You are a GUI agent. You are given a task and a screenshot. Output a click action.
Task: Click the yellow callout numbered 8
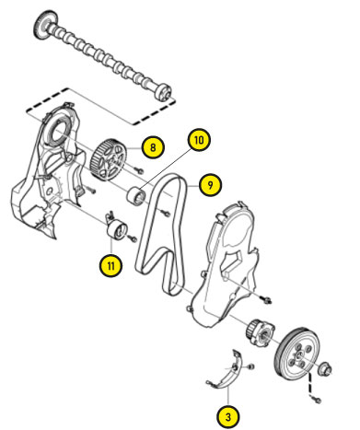click(x=153, y=147)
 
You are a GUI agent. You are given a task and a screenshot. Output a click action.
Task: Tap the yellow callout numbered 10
click(x=199, y=140)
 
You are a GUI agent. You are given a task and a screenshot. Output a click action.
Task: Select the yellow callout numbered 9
click(x=210, y=185)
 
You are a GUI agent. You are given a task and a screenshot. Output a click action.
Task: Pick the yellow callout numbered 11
click(x=110, y=265)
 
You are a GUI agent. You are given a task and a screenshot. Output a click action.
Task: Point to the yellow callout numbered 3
click(x=228, y=417)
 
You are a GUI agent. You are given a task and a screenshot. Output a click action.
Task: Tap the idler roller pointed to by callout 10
click(x=137, y=196)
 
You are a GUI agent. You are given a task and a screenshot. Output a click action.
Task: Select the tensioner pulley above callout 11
click(x=116, y=228)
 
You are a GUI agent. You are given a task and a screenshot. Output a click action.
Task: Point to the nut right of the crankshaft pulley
click(x=325, y=368)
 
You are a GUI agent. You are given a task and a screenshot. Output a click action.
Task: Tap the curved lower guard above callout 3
click(x=227, y=371)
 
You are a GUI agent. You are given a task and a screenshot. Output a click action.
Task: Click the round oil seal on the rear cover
click(x=57, y=131)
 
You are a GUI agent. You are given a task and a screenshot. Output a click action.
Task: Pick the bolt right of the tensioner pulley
click(x=133, y=238)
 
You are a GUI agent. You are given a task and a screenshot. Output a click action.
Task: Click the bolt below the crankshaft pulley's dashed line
click(x=317, y=400)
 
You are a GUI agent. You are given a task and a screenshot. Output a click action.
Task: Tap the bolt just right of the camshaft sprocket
click(x=137, y=169)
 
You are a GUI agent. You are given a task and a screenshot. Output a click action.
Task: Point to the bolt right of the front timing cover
click(x=267, y=299)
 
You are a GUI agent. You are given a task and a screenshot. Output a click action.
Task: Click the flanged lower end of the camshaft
click(x=162, y=92)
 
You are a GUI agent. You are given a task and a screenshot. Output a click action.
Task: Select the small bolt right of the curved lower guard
click(x=250, y=366)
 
